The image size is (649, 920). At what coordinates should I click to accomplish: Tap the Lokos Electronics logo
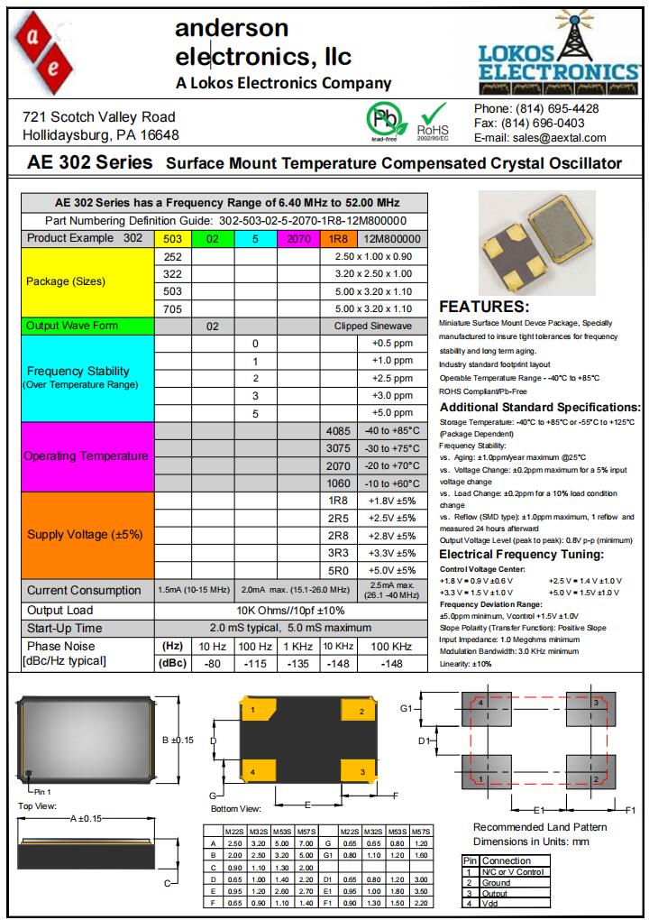point(559,50)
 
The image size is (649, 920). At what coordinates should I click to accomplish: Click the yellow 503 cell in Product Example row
point(172,239)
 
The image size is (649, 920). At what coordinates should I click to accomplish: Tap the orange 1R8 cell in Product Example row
point(337,239)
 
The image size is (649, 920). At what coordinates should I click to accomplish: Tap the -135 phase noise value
point(297,664)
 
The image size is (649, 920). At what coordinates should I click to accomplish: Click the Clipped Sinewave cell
point(372,326)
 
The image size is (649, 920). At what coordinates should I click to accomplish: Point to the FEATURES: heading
point(483,307)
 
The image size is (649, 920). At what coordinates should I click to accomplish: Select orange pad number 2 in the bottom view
point(361,713)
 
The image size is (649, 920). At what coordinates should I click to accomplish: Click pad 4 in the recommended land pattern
point(482,703)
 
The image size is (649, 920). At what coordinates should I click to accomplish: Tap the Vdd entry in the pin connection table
point(490,903)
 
